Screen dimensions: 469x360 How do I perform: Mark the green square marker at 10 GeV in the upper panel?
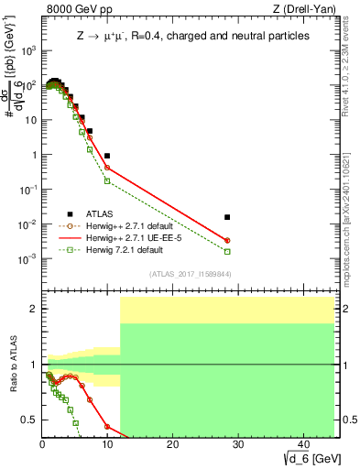[x=107, y=180]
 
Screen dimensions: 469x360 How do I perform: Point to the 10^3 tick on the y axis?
[x=29, y=50]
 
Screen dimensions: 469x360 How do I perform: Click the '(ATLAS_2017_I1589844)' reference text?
[x=190, y=274]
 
